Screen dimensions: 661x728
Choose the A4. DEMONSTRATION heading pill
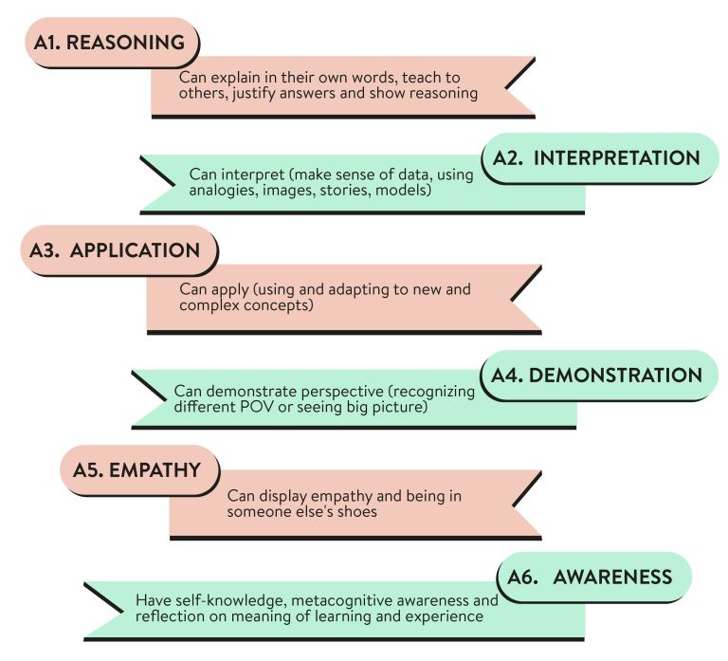pos(597,375)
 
